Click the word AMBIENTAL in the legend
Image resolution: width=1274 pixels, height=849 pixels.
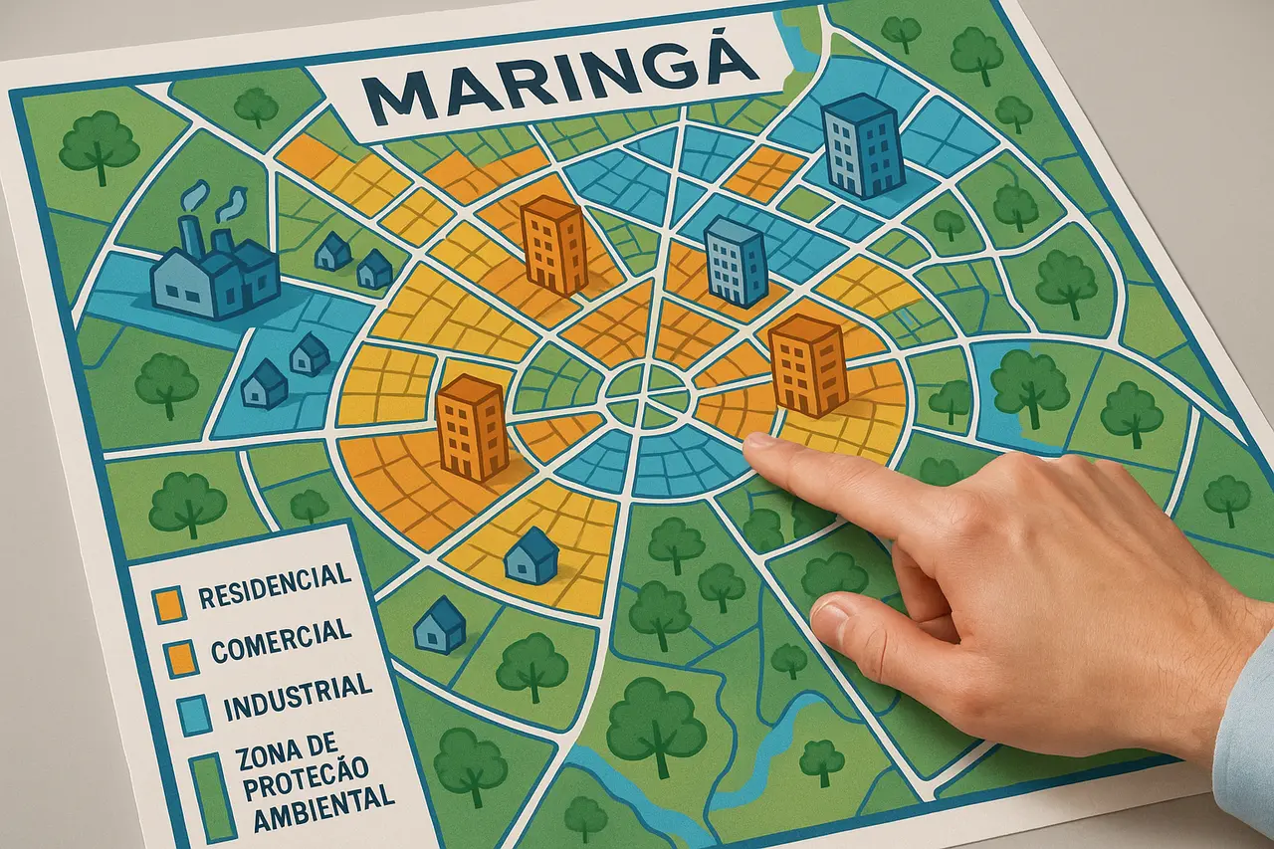[x=322, y=796]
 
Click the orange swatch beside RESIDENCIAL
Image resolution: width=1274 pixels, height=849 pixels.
[x=168, y=600]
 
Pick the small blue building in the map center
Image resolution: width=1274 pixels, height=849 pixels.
[x=736, y=262]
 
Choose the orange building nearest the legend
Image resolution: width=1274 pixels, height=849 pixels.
[x=472, y=428]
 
